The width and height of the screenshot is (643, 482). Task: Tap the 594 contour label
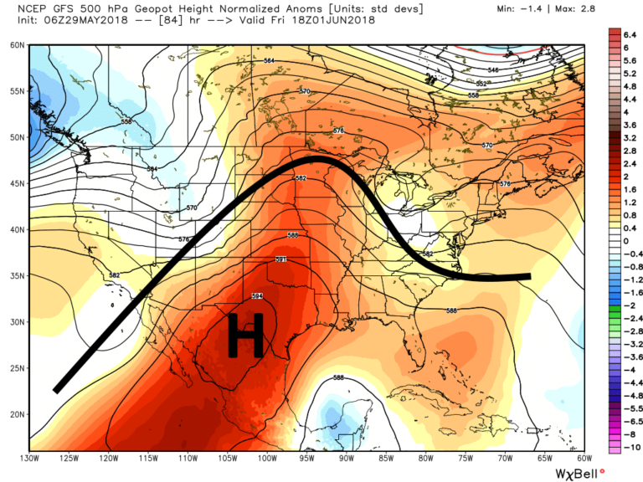tap(258, 296)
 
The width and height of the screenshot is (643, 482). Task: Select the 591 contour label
tap(281, 260)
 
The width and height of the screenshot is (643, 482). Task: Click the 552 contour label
tap(481, 84)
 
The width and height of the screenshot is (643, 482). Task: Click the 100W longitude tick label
tap(267, 458)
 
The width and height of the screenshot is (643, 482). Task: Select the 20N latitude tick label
tap(15, 413)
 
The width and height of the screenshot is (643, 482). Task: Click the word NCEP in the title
tap(21, 8)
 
